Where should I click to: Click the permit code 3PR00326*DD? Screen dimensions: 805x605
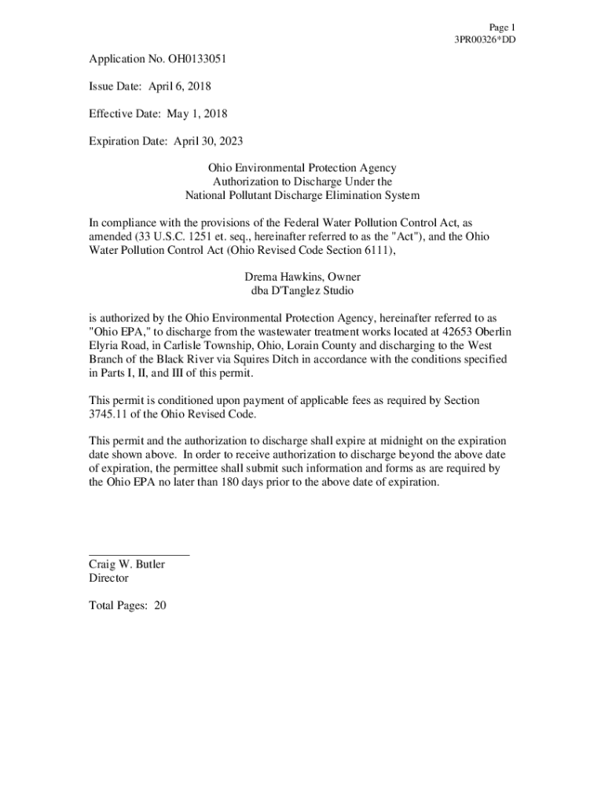pyautogui.click(x=485, y=39)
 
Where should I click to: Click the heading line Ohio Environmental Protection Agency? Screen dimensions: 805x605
pyautogui.click(x=302, y=168)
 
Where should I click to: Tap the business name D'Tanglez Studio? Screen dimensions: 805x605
pyautogui.click(x=313, y=291)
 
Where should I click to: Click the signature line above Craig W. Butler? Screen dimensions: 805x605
pyautogui.click(x=139, y=555)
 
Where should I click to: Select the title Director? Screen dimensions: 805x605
pyautogui.click(x=108, y=578)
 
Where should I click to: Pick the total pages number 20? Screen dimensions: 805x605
pyautogui.click(x=160, y=605)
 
